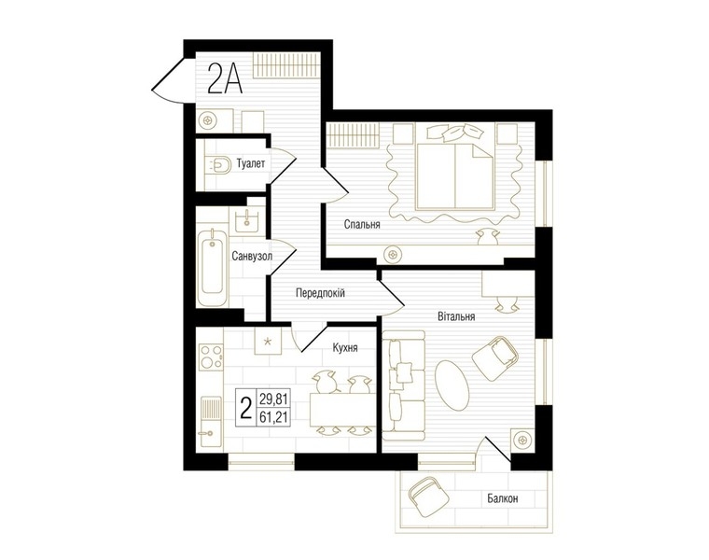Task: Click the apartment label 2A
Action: click(x=225, y=78)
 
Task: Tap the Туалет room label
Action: click(x=251, y=163)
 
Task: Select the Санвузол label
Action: click(x=252, y=257)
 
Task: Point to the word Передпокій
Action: click(x=320, y=293)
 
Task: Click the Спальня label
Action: click(x=362, y=224)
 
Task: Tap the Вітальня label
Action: click(x=456, y=316)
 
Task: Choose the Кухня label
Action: click(x=345, y=348)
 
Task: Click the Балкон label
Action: click(x=502, y=498)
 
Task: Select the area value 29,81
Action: click(x=274, y=399)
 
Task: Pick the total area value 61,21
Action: click(x=274, y=416)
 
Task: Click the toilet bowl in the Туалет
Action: click(x=219, y=164)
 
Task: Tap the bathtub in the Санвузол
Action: click(x=213, y=266)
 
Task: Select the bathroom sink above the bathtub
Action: click(x=246, y=219)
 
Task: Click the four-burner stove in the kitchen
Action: click(x=212, y=357)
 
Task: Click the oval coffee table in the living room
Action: click(x=451, y=385)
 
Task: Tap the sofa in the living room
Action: click(x=404, y=385)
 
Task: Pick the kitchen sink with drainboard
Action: click(x=211, y=421)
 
